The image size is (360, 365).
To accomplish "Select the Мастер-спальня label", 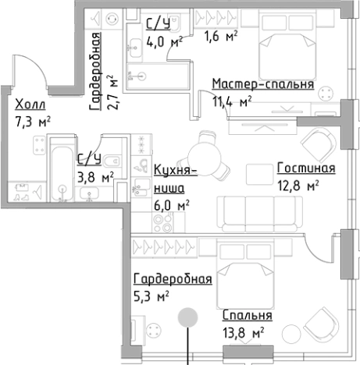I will [262, 85].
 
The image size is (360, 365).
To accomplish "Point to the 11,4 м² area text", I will [232, 100].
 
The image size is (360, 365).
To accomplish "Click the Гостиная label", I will [305, 169].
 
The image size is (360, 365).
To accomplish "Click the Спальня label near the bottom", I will [247, 316].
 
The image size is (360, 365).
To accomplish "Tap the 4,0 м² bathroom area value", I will [165, 41].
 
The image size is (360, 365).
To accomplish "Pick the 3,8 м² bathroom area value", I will [95, 176].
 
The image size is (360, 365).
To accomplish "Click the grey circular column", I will [187, 317].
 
